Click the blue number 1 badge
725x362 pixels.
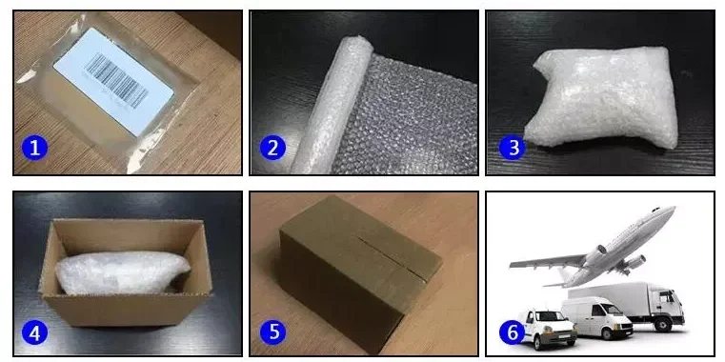click(34, 148)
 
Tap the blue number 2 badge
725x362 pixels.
click(272, 148)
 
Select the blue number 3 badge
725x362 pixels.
click(512, 148)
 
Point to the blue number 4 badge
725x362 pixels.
click(34, 332)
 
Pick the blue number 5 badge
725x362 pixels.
click(272, 332)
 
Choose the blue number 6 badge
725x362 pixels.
click(512, 332)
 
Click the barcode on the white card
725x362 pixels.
click(117, 80)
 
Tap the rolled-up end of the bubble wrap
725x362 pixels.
click(329, 104)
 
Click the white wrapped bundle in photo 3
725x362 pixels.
click(601, 97)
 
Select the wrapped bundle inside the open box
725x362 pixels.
click(123, 272)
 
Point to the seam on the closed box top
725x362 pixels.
click(391, 259)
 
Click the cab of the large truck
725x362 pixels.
click(668, 304)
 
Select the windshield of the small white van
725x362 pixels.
click(548, 316)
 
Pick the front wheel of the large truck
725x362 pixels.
click(663, 324)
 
